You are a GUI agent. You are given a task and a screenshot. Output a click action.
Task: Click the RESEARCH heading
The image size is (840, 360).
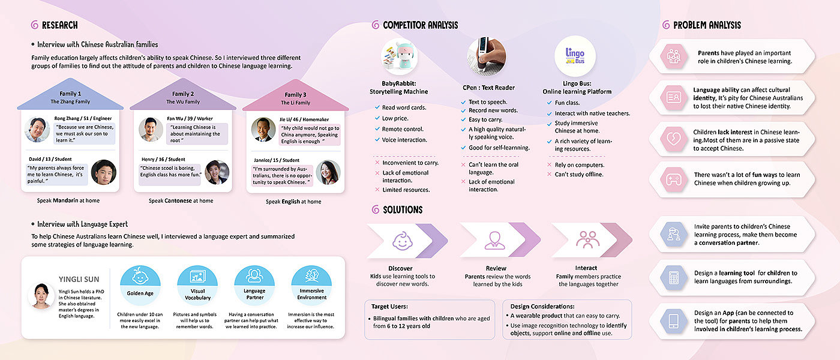pos(59,25)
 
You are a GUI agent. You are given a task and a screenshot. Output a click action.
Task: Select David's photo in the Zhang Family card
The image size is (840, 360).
pos(103,172)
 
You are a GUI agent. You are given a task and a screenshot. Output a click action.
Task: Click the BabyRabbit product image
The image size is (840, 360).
pos(398,58)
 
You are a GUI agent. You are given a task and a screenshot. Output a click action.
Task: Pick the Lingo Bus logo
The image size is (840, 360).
pos(574,55)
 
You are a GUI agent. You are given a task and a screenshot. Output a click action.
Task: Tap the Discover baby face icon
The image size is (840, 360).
pos(400,241)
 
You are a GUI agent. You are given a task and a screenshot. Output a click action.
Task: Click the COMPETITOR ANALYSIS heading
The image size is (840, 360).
pos(420,25)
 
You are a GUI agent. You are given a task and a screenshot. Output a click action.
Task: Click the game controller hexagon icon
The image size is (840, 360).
pos(673,178)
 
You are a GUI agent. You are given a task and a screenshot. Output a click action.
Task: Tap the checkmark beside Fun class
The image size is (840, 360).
pos(550,103)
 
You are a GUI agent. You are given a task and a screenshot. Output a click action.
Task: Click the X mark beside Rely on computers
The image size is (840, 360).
pos(550,165)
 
